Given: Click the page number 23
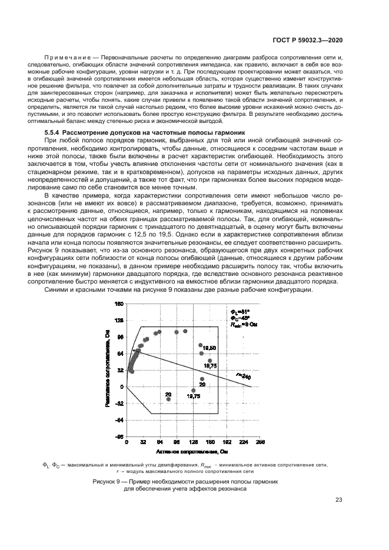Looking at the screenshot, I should click(x=338, y=500).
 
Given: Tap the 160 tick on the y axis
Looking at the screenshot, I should click(x=119, y=304).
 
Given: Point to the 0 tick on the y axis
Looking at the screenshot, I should click(x=122, y=386).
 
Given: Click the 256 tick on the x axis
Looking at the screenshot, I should click(x=261, y=442).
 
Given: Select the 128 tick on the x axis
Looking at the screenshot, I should click(x=193, y=442).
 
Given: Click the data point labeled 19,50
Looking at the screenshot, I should click(x=201, y=345).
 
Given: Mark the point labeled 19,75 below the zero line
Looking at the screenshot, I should click(x=193, y=391).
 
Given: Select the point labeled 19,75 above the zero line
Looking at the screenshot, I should click(x=210, y=361).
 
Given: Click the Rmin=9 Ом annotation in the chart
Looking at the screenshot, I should click(x=244, y=324).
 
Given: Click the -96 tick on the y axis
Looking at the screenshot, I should click(x=119, y=436).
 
